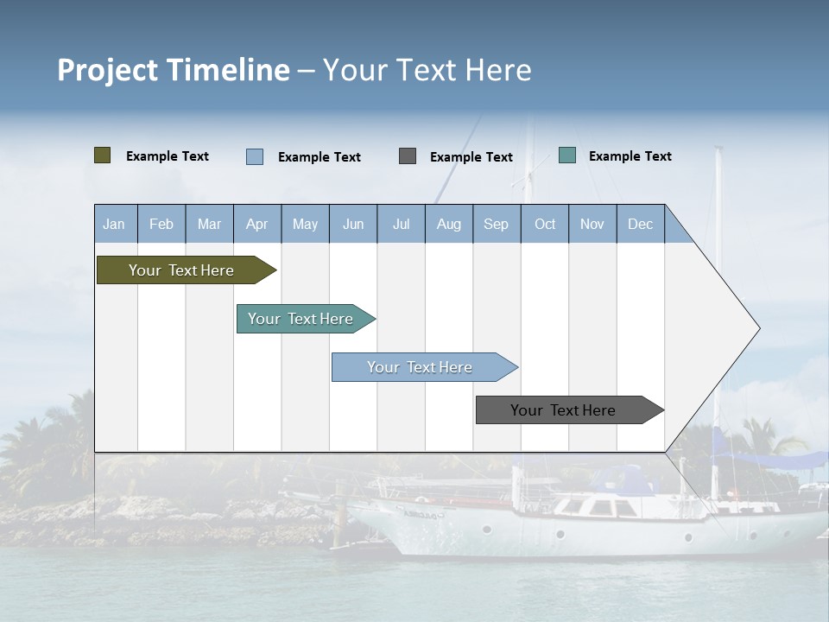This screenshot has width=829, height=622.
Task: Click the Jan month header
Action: (x=115, y=224)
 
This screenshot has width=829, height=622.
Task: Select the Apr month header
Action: (x=257, y=224)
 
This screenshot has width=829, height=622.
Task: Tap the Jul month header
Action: (x=401, y=224)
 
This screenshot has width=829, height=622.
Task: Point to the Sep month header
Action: (x=496, y=224)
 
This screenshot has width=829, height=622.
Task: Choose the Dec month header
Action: (x=640, y=224)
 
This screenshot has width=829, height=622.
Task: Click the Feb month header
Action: (x=161, y=224)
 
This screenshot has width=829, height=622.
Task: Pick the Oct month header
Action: (x=545, y=224)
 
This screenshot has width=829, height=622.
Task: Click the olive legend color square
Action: (x=103, y=155)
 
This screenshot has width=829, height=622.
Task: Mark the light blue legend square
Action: (x=255, y=156)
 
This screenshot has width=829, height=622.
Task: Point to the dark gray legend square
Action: (x=408, y=156)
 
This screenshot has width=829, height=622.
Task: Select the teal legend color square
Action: (x=567, y=155)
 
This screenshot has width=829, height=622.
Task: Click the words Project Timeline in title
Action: (x=174, y=70)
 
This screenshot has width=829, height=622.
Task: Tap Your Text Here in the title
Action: (x=427, y=70)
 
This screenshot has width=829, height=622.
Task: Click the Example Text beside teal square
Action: (x=630, y=156)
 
